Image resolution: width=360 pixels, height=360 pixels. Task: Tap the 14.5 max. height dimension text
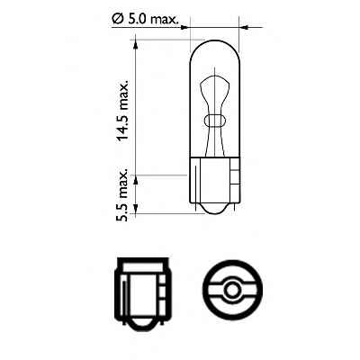tap(124, 105)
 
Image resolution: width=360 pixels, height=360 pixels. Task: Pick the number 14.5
tap(124, 120)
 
